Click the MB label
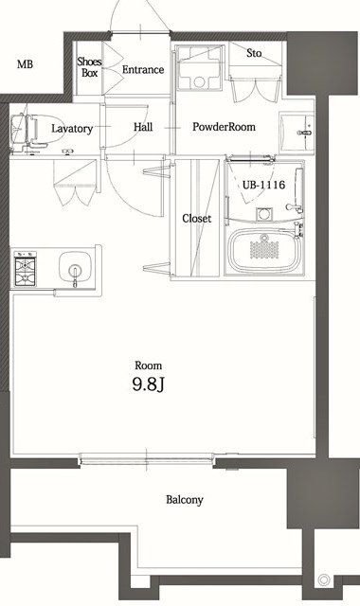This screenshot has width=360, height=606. pos(25,64)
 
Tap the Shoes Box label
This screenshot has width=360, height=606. pos(90,66)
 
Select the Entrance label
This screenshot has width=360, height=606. pos(143,70)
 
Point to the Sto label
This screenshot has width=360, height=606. pos(254,53)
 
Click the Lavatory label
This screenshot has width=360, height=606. pos(72,128)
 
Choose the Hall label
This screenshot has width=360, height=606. pos(143,127)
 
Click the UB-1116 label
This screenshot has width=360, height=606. pos(263,185)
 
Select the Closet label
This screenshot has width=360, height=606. pos(196,219)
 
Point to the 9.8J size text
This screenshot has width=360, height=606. pos(148,385)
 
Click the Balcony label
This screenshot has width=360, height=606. pos(185,500)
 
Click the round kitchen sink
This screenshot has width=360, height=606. pos(71,266)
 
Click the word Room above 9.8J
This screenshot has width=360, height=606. pos(148,365)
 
